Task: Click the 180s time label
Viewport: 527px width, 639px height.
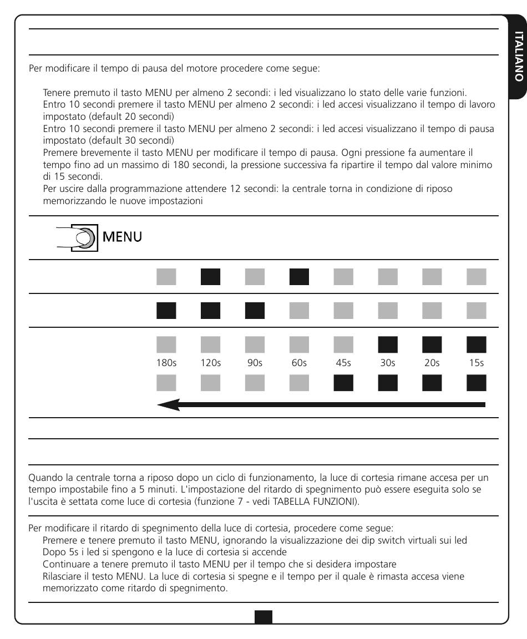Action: coord(166,363)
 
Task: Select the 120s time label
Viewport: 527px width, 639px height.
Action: coord(211,363)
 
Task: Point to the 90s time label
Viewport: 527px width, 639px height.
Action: coord(255,363)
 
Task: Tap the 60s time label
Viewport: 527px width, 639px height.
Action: coord(299,363)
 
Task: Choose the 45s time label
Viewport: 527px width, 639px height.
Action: coord(343,363)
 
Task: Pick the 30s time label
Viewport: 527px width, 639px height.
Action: coord(388,363)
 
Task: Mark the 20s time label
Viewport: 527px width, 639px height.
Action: coord(432,363)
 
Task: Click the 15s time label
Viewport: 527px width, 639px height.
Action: coord(477,363)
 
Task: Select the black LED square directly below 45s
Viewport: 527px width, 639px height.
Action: coord(343,383)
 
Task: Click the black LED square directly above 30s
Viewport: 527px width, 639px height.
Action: coord(388,345)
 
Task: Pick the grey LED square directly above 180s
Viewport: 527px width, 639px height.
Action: coord(166,345)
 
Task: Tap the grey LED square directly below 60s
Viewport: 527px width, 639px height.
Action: coord(299,383)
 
